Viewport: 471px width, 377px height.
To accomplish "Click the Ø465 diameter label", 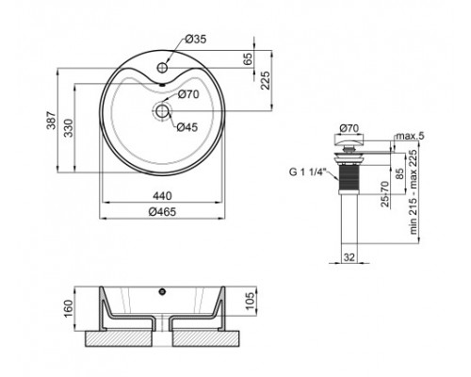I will [x=161, y=211].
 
